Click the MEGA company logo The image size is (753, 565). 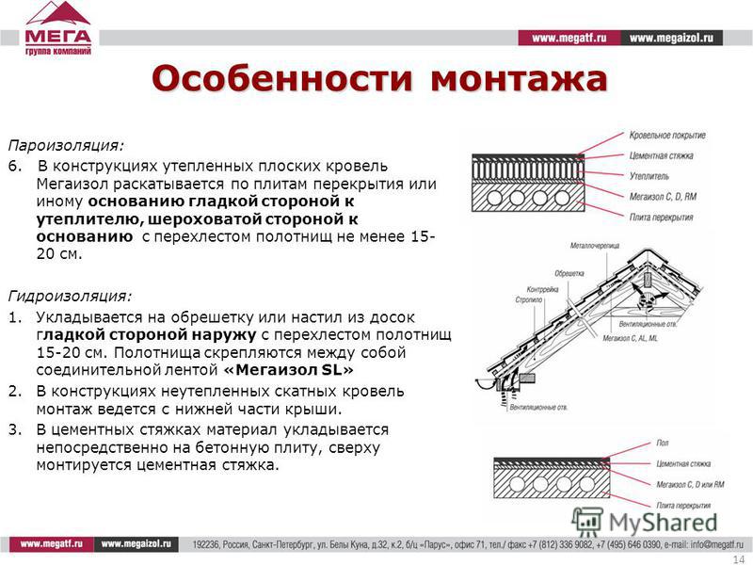coord(58,28)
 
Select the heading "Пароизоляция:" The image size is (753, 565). coord(66,146)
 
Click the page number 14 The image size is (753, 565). coord(737,559)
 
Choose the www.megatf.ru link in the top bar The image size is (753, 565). coord(569,38)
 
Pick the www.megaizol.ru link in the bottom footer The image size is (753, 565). coord(139,544)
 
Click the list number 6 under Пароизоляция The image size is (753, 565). coord(13,165)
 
